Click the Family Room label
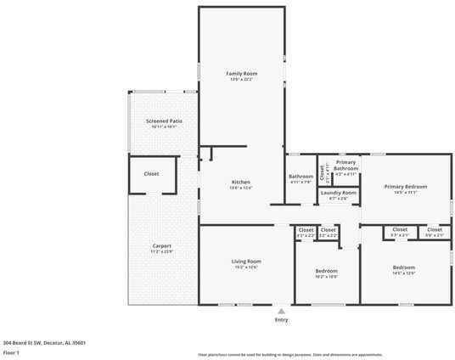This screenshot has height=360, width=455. click(x=241, y=74)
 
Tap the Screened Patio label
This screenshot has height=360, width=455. click(x=164, y=121)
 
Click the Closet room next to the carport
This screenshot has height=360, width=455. click(x=151, y=173)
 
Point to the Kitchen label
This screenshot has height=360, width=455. click(x=241, y=183)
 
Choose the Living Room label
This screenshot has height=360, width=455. click(x=246, y=261)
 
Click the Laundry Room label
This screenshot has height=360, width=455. click(x=338, y=193)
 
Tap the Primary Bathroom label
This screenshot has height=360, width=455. click(x=345, y=165)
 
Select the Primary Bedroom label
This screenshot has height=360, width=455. click(x=405, y=186)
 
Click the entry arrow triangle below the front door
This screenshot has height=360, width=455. click(x=281, y=312)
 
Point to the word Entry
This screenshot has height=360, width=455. click(x=281, y=320)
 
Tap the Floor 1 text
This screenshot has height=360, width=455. click(x=11, y=352)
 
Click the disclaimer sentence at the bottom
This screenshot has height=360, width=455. click(x=289, y=354)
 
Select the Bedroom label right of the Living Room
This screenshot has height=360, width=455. click(x=326, y=271)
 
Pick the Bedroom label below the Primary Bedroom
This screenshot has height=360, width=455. click(x=403, y=267)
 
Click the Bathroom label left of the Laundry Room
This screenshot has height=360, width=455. click(x=301, y=177)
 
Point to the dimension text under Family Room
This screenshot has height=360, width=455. click(x=241, y=80)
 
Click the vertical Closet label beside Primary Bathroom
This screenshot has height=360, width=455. click(x=322, y=167)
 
